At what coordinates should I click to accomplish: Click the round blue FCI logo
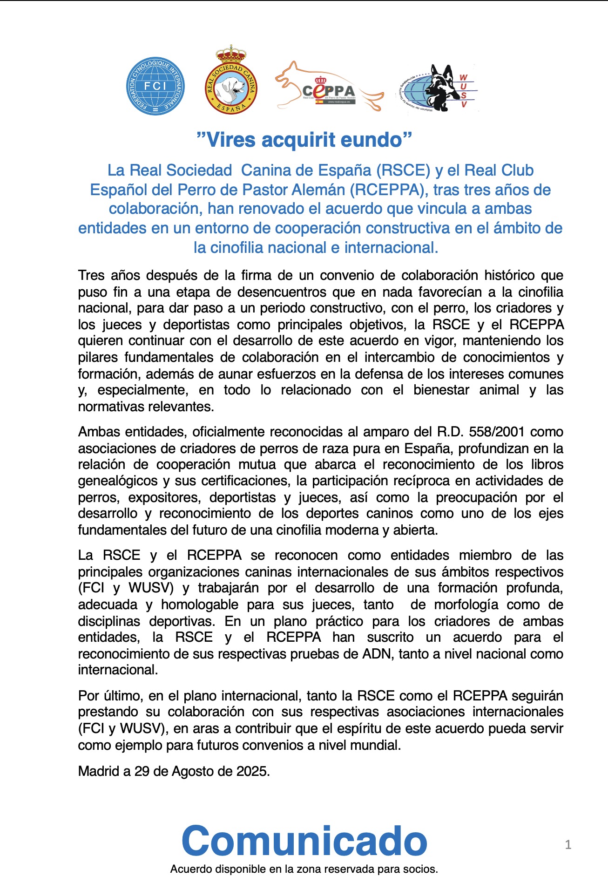pyautogui.click(x=155, y=86)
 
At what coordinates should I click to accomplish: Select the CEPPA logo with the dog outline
pyautogui.click(x=329, y=88)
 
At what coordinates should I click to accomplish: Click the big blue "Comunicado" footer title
pyautogui.click(x=304, y=841)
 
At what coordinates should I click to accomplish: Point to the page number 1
pyautogui.click(x=568, y=844)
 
